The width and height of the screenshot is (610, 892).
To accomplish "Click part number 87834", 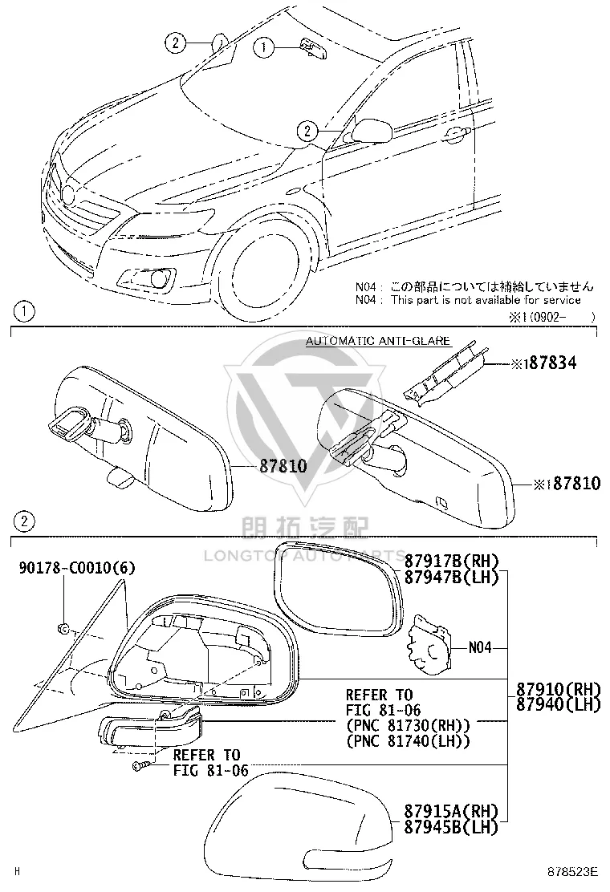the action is [x=550, y=363].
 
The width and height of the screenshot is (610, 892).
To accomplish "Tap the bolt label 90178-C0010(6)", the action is [x=77, y=568].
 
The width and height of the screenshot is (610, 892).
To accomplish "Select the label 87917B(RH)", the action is [x=451, y=562].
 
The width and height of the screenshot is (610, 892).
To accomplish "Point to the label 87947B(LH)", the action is [x=451, y=578].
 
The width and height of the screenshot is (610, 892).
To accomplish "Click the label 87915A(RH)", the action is [x=451, y=811].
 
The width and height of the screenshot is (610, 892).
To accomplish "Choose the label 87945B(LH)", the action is [x=451, y=826].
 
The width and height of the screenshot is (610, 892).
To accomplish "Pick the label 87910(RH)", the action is [x=558, y=689].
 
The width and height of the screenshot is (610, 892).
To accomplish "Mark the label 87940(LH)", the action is [x=558, y=704].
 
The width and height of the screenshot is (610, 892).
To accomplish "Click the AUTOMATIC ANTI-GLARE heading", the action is [x=378, y=341].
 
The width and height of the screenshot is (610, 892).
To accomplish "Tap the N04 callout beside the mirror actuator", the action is [x=480, y=647].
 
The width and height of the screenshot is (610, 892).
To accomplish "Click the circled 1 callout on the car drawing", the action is [x=263, y=47].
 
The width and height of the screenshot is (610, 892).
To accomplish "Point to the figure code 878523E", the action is [x=573, y=871].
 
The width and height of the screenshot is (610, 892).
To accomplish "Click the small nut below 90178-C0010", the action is [x=63, y=629].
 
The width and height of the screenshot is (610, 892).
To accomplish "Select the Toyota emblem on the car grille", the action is [x=68, y=195].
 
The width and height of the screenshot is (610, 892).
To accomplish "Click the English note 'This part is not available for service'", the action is [x=486, y=300].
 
